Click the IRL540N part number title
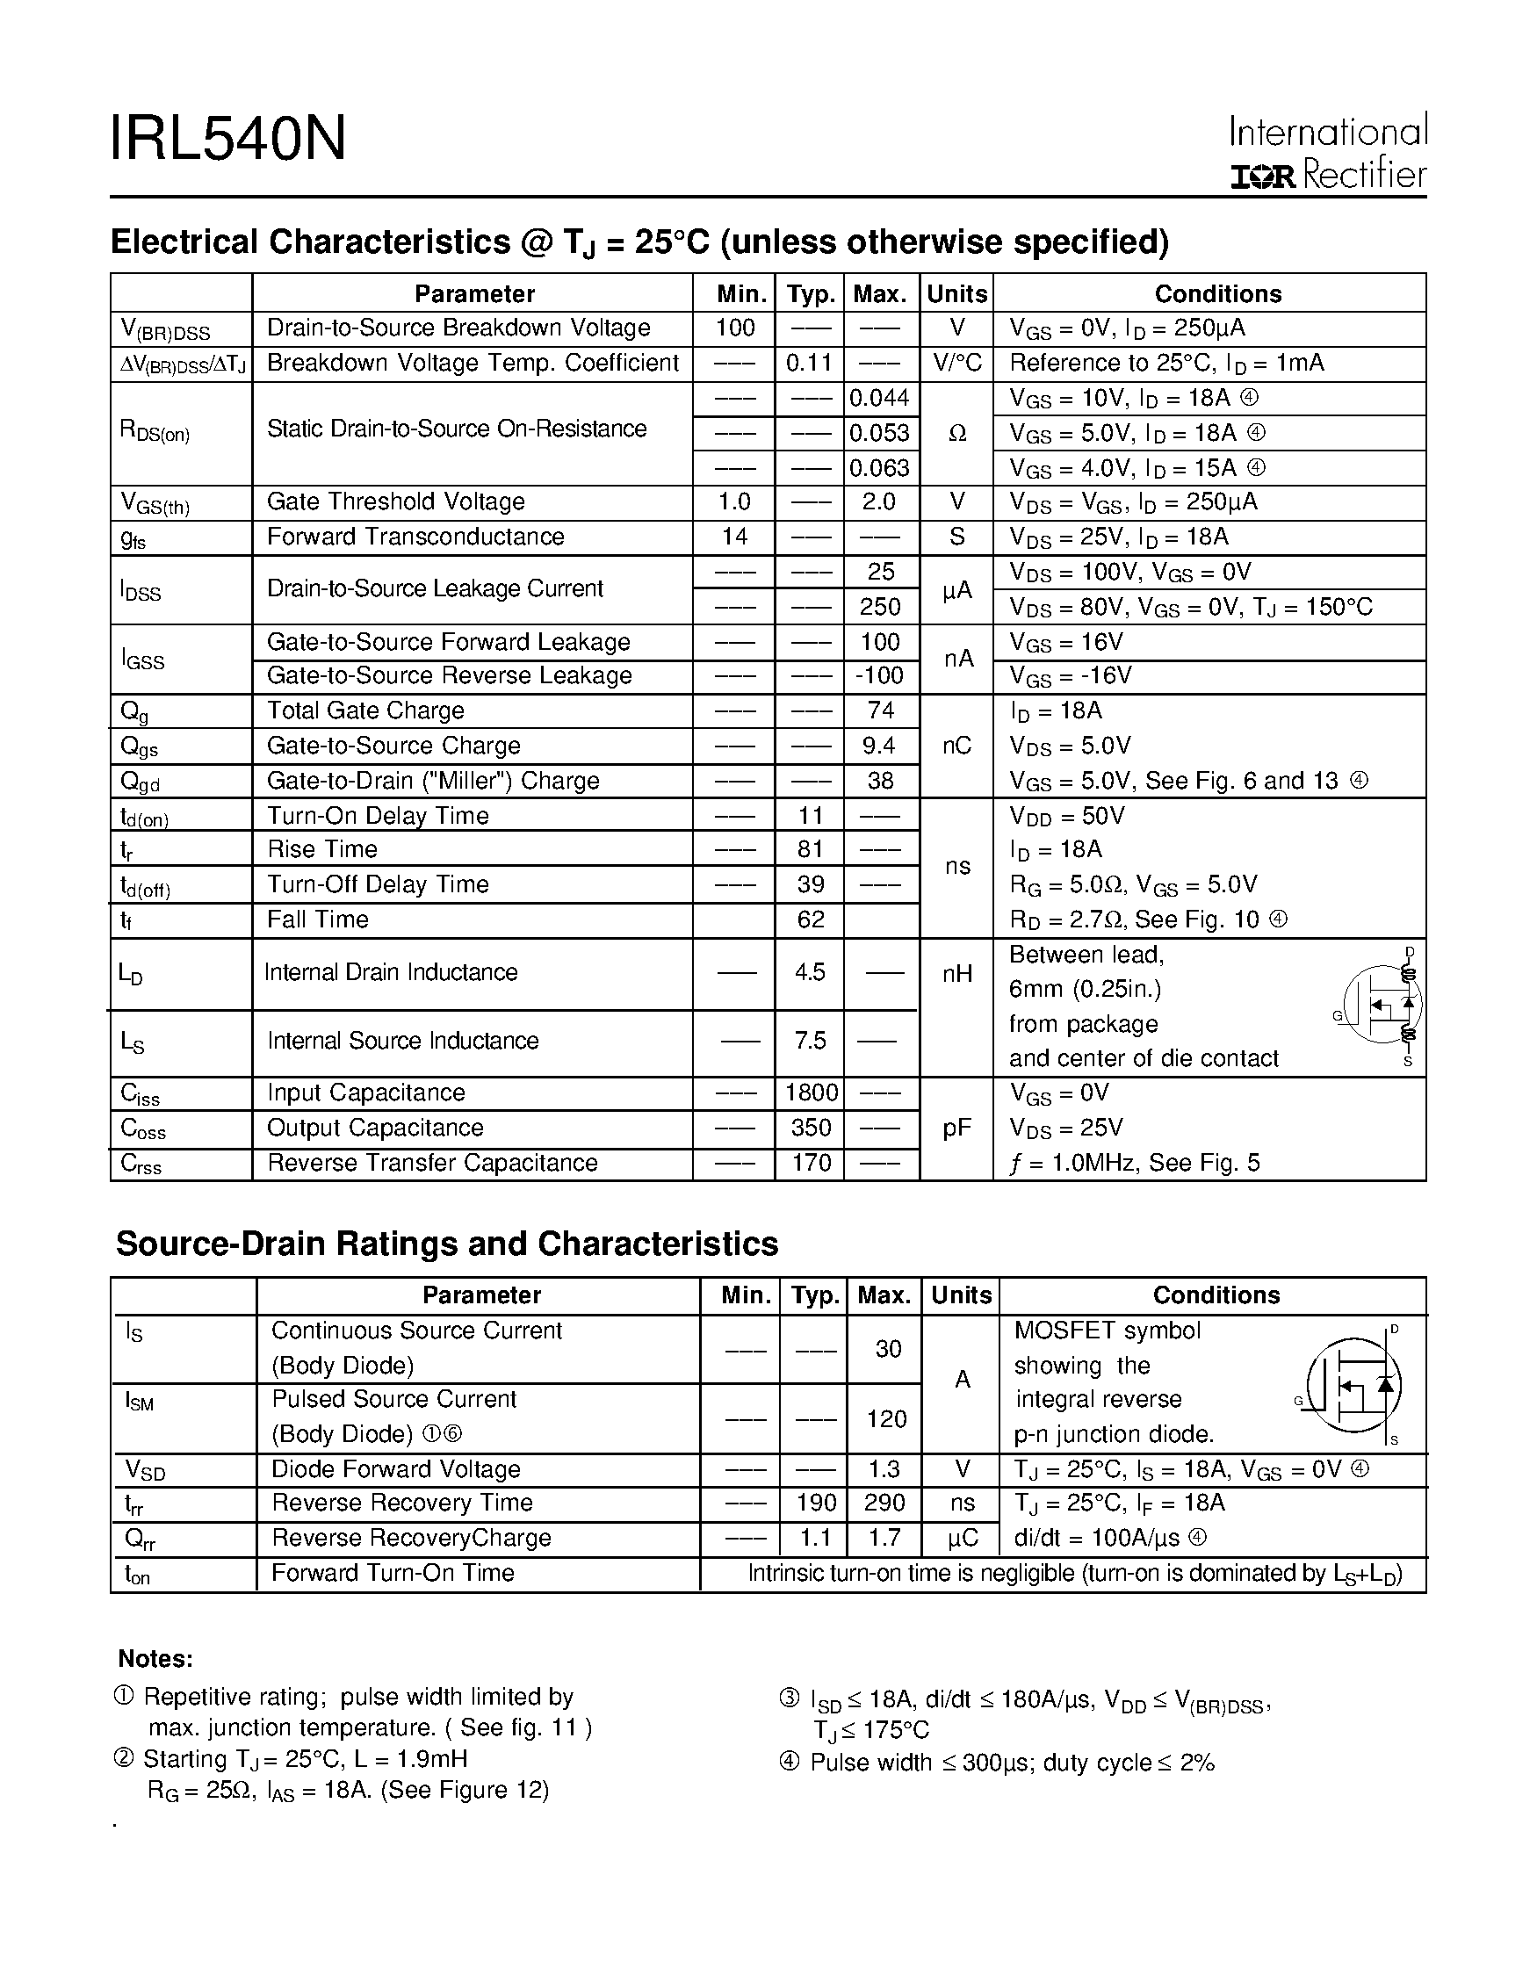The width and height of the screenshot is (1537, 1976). tap(228, 140)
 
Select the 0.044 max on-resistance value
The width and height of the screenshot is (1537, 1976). tap(879, 398)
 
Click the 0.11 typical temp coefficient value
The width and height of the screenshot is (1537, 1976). tap(809, 363)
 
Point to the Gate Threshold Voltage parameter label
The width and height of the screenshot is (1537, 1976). tap(395, 502)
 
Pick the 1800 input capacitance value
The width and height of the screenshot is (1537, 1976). tap(811, 1093)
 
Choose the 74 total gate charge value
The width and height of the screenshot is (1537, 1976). tap(880, 711)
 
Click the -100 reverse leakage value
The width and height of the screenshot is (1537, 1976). tap(879, 676)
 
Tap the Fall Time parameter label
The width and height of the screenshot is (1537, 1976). tap(318, 920)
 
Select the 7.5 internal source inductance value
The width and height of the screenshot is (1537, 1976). tap(810, 1041)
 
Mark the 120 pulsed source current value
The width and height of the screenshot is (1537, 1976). tap(885, 1418)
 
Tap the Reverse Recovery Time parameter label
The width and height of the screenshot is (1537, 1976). tap(401, 1503)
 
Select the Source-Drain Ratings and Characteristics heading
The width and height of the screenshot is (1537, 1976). tap(447, 1244)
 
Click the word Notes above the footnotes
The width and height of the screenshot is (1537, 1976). tap(155, 1658)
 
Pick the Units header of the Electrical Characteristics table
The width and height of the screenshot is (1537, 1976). tap(956, 294)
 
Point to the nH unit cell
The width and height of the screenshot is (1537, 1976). tap(956, 975)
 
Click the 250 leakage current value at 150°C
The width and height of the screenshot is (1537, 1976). tap(880, 607)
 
